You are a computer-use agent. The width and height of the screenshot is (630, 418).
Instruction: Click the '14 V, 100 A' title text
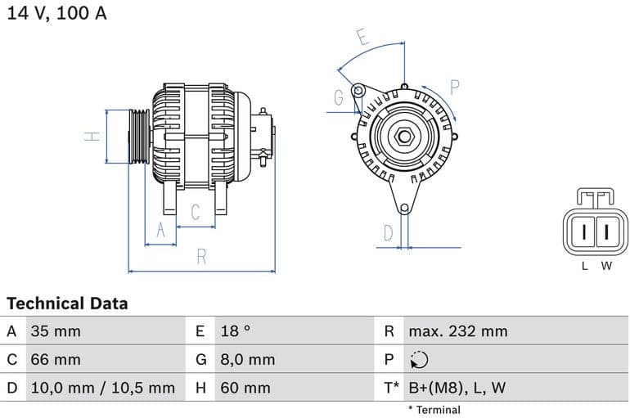[56, 14]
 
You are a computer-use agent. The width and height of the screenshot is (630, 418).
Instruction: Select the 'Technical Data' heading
[67, 303]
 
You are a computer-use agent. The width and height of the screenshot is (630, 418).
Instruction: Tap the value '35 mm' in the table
[56, 331]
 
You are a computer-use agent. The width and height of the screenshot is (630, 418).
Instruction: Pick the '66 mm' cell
[56, 359]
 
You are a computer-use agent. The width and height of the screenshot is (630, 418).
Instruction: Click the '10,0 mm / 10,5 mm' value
[102, 388]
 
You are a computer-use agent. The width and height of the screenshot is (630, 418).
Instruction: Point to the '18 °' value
[236, 331]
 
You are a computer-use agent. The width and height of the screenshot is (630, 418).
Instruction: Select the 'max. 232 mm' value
[458, 331]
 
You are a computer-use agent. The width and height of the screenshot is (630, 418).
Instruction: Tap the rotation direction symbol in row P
[418, 360]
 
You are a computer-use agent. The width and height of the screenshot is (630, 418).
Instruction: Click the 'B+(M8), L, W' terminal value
[457, 388]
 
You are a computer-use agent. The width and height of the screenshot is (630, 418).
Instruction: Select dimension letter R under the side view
[201, 256]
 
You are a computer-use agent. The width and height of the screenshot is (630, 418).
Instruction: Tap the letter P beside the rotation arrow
[455, 87]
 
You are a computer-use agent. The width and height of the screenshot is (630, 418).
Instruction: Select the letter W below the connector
[606, 266]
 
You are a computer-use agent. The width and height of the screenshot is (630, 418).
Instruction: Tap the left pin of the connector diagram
[584, 232]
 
